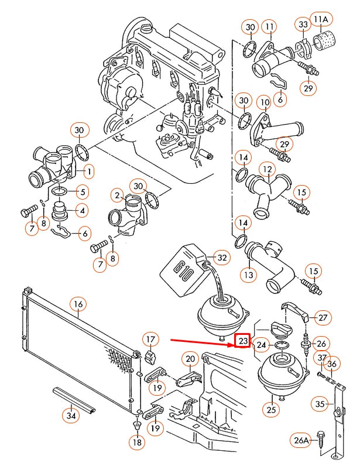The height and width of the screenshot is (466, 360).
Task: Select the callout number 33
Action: coord(303,25)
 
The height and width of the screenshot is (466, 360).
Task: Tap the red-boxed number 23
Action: coord(242,340)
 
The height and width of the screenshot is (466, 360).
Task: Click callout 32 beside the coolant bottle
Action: coord(221,257)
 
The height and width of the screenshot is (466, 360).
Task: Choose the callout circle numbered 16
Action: coord(78,304)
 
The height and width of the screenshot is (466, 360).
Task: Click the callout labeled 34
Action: coord(71,416)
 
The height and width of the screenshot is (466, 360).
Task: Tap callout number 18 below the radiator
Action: coord(136,443)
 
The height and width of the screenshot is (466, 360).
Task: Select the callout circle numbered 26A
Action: coord(301,439)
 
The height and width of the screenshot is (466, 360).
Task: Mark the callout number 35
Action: coord(320,404)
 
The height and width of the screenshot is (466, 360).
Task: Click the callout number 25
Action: coord(272,410)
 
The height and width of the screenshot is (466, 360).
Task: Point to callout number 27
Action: coord(323,318)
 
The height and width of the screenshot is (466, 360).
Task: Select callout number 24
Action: coord(261,344)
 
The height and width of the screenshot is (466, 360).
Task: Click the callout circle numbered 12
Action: coord(267,170)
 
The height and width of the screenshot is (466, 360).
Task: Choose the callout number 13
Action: coord(248,274)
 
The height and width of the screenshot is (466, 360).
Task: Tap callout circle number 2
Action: coord(118,195)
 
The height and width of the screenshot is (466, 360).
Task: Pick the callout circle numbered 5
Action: coord(82,191)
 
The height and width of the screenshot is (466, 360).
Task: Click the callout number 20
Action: coord(191,358)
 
